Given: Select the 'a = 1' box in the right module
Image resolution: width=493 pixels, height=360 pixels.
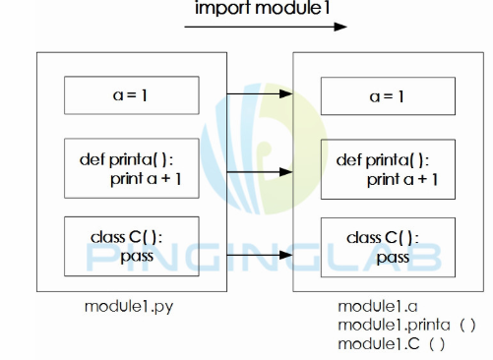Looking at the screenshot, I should (x=388, y=96).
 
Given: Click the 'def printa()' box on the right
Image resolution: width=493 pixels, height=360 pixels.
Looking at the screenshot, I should (x=388, y=168).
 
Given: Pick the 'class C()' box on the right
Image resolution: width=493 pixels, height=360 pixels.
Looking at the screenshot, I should (x=388, y=247).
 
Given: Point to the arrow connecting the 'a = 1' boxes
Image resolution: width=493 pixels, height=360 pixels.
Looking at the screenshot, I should (x=258, y=94).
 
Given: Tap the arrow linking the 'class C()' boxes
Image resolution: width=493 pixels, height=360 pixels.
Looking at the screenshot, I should (x=258, y=259).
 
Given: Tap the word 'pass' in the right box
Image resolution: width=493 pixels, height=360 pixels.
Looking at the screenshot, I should (x=392, y=257).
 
